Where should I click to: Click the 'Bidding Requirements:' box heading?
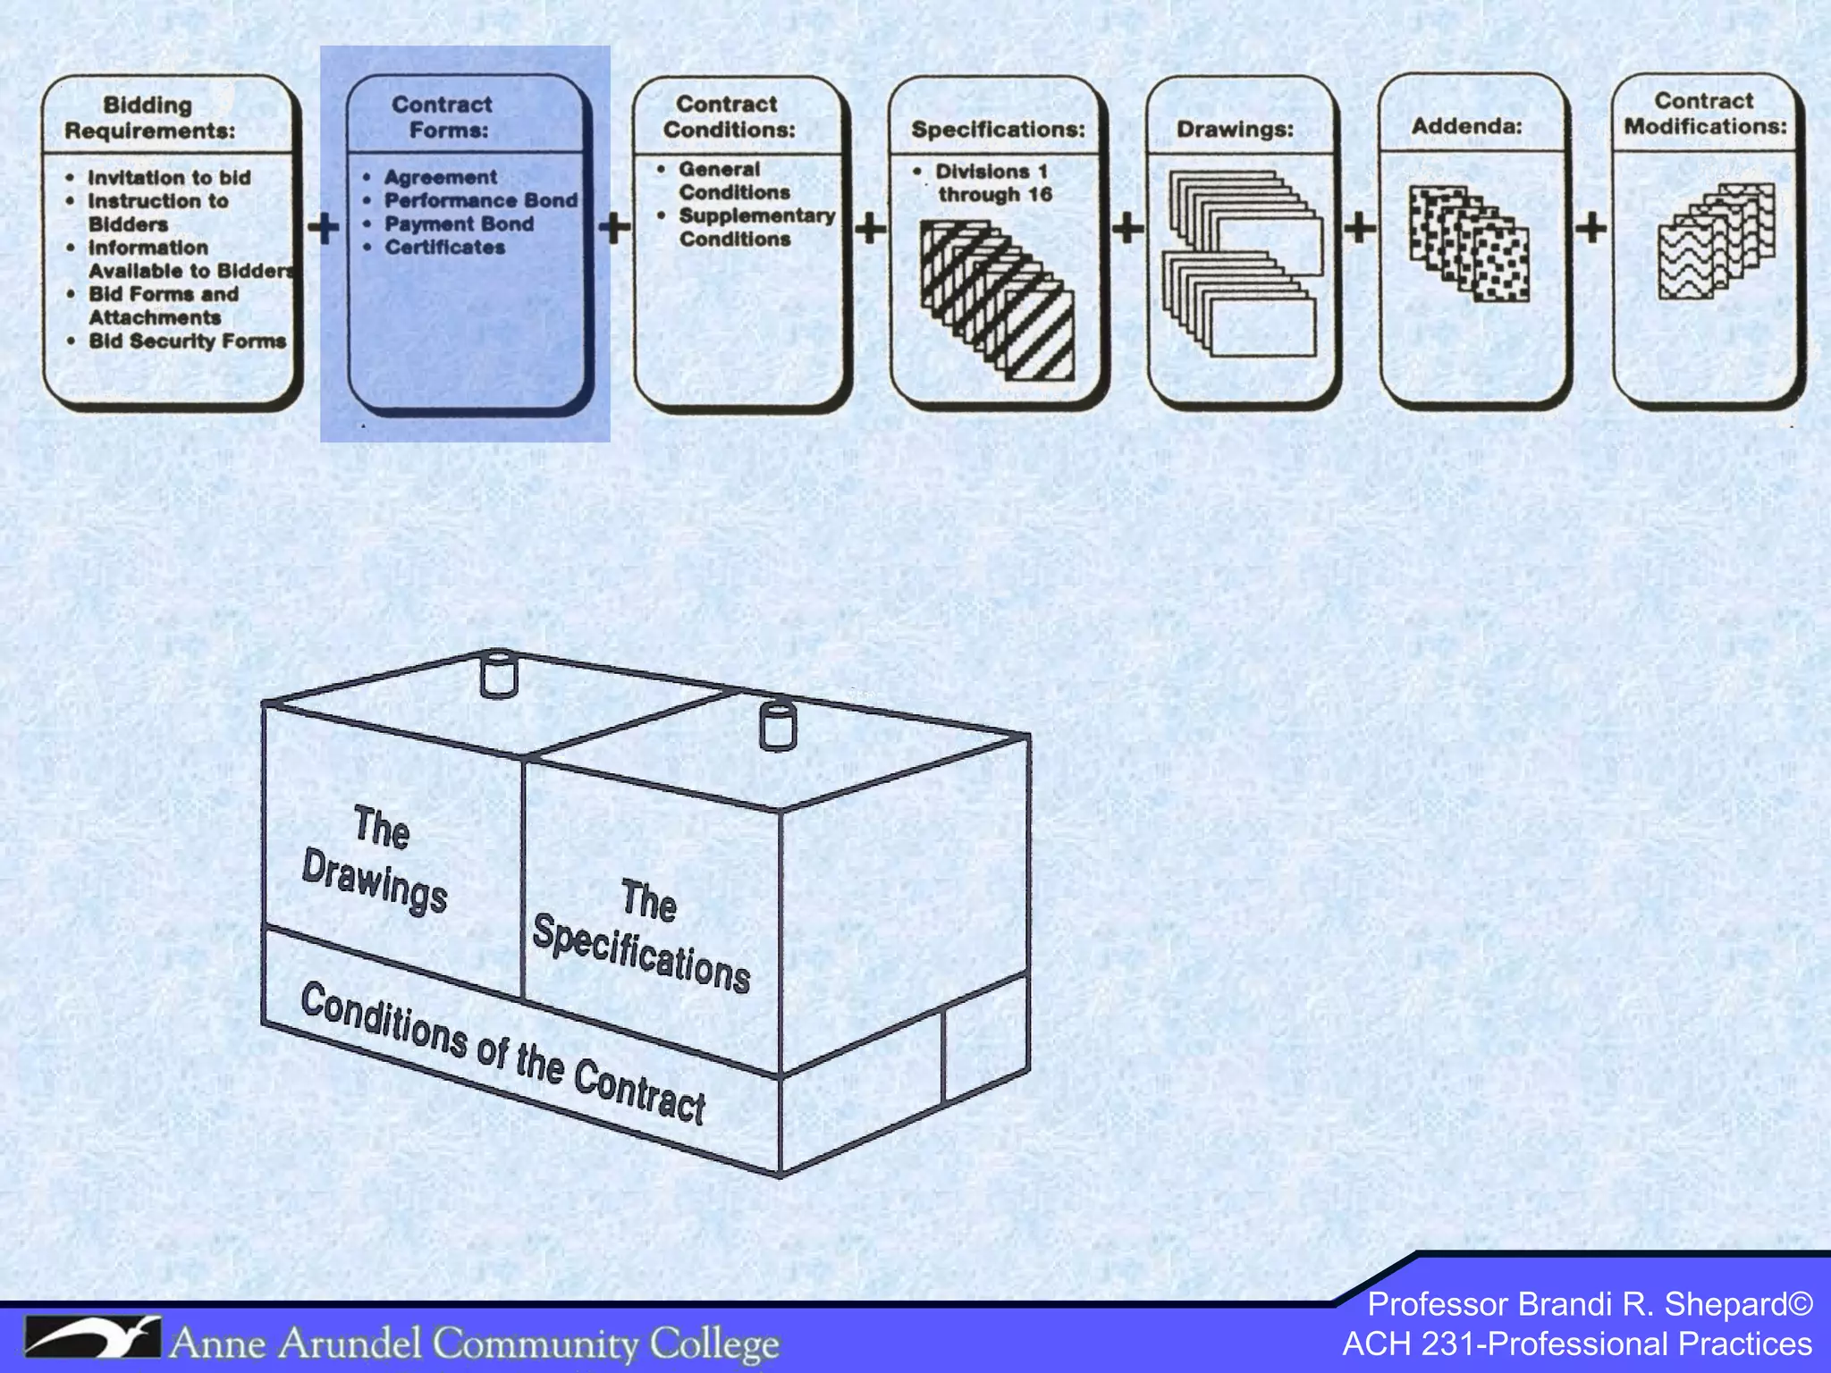click(149, 118)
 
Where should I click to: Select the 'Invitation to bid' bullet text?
click(169, 178)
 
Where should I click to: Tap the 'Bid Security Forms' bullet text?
click(187, 341)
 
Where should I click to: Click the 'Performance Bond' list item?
click(481, 200)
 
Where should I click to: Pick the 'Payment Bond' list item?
click(459, 223)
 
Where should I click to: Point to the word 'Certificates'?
click(444, 247)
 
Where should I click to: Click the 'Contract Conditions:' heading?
click(728, 117)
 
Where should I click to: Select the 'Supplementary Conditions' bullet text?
click(755, 227)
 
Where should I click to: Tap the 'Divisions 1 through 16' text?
click(992, 182)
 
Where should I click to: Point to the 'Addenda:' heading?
click(1466, 126)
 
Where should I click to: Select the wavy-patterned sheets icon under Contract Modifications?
click(1715, 240)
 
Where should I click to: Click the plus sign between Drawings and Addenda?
click(1359, 227)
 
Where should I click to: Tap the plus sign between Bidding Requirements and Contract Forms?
click(324, 227)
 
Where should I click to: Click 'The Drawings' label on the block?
click(375, 859)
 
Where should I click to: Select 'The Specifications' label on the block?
click(642, 936)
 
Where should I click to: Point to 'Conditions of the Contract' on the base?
click(503, 1052)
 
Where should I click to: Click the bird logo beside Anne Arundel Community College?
click(92, 1337)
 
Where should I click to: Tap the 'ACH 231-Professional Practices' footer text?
click(1577, 1344)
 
